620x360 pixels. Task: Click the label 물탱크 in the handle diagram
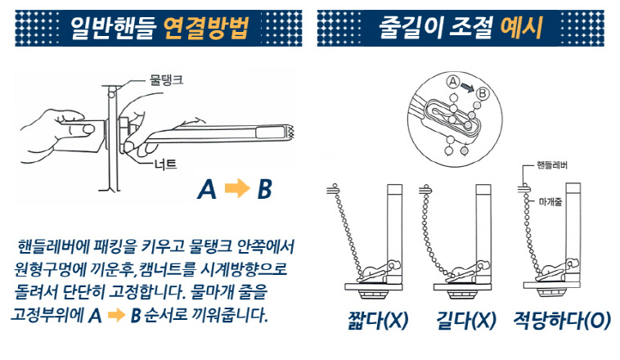tap(166, 80)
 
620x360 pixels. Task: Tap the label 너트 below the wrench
tap(166, 164)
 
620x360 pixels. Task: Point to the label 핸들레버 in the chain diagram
tap(552, 165)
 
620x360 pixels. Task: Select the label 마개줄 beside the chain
tap(550, 202)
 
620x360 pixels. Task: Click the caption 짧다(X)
tap(378, 320)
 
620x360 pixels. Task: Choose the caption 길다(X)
tap(465, 320)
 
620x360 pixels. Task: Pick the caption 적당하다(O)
tap(562, 320)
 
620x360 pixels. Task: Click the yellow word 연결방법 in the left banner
tap(206, 28)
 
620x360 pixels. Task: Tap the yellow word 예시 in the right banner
tap(521, 28)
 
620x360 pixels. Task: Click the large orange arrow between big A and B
tap(237, 188)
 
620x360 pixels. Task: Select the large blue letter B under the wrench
tap(264, 189)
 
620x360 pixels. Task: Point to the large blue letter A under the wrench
tap(207, 189)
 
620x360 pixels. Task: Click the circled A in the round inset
tap(453, 82)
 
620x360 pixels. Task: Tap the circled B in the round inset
tap(482, 94)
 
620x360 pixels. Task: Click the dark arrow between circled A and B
tap(467, 88)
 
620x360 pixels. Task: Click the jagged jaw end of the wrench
tap(292, 133)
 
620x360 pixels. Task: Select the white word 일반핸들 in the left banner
tap(111, 28)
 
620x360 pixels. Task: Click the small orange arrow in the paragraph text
tap(116, 315)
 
